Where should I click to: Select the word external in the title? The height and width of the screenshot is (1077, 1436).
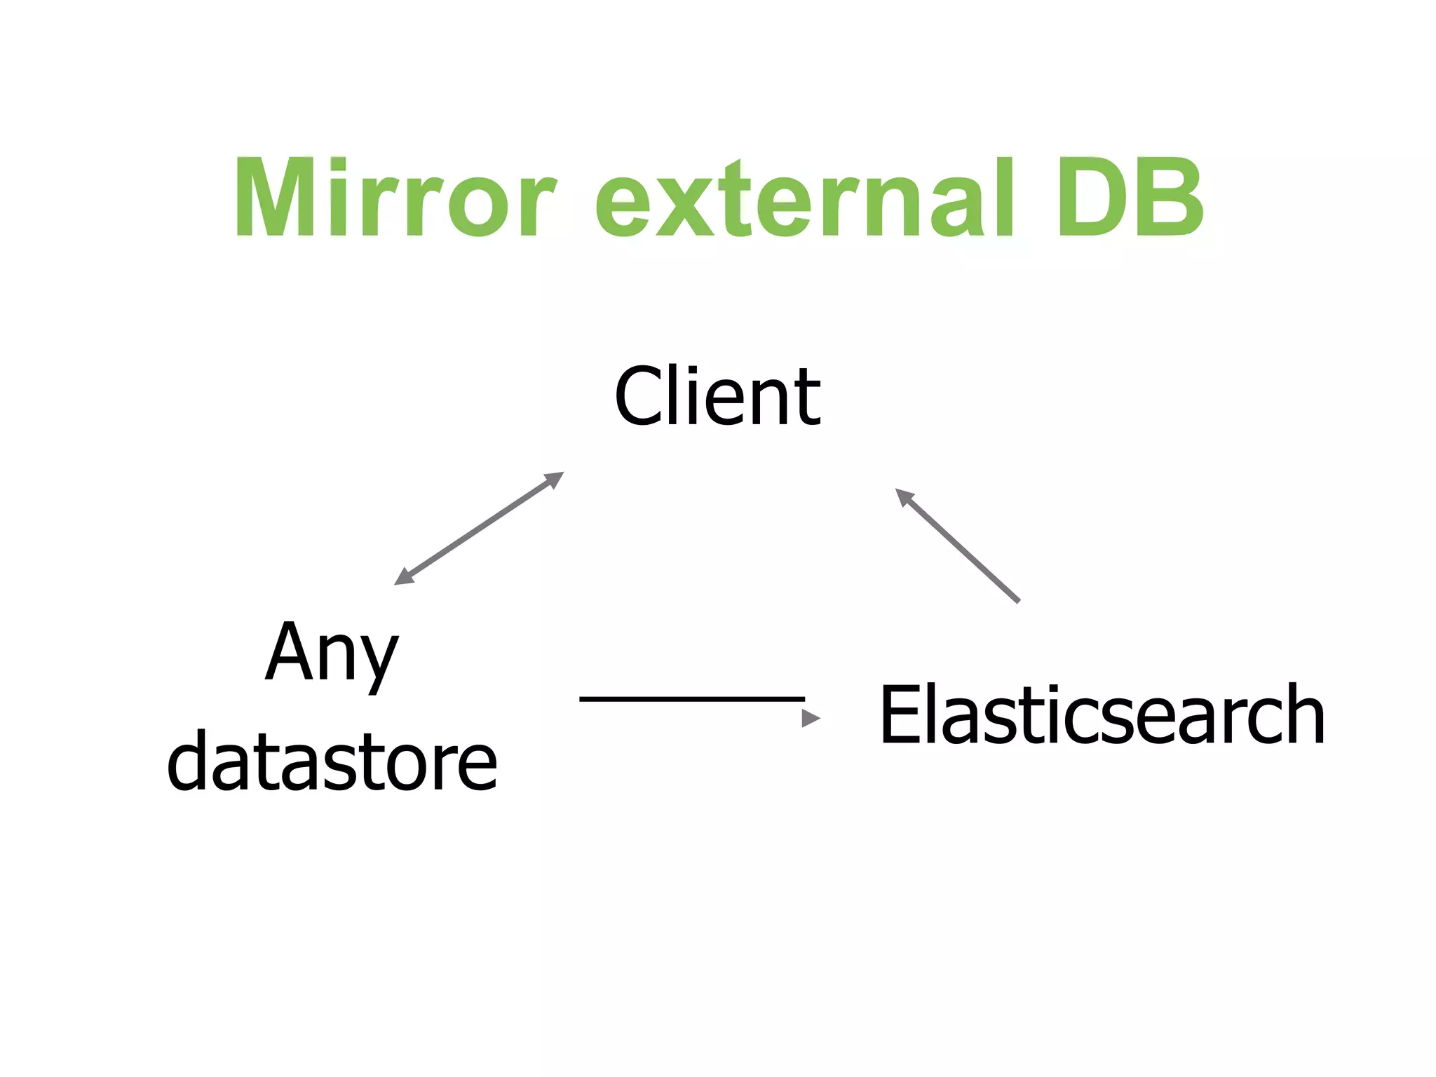click(x=805, y=198)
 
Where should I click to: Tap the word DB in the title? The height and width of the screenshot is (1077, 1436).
click(x=1130, y=198)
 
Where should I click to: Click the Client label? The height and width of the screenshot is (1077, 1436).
click(x=717, y=396)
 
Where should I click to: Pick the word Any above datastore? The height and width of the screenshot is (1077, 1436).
click(x=332, y=653)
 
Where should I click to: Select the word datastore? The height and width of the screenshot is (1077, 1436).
click(x=332, y=760)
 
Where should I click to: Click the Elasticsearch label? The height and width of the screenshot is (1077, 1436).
click(x=1102, y=714)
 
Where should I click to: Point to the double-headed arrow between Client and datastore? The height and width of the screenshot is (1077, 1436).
click(x=479, y=529)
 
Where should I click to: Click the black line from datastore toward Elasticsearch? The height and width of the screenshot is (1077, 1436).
click(x=691, y=699)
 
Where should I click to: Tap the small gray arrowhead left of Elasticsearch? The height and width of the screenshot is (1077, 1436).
click(x=811, y=718)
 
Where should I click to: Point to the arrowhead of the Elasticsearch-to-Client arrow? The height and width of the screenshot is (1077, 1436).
click(x=905, y=496)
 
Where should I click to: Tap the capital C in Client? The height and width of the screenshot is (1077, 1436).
click(x=638, y=396)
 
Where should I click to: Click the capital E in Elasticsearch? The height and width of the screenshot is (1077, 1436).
click(x=901, y=714)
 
